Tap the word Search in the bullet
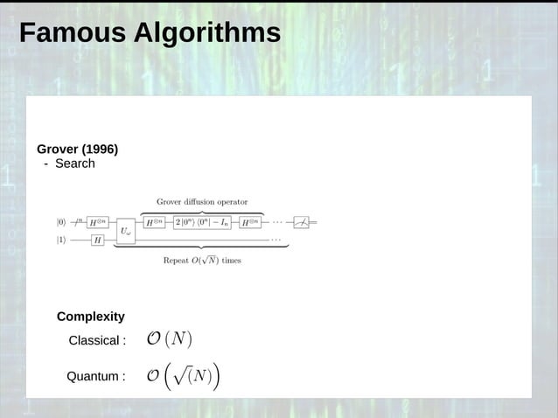pyautogui.click(x=74, y=164)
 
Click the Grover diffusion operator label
pyautogui.click(x=202, y=202)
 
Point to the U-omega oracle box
pyautogui.click(x=126, y=231)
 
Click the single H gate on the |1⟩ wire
pyautogui.click(x=97, y=240)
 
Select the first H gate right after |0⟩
pyautogui.click(x=97, y=222)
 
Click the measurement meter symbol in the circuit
pyautogui.click(x=301, y=222)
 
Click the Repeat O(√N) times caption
pyautogui.click(x=202, y=260)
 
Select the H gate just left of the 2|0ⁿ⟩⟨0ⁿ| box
pyautogui.click(x=153, y=222)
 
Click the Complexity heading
pyautogui.click(x=91, y=317)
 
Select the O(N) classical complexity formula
pyautogui.click(x=169, y=339)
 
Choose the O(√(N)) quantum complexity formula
pyautogui.click(x=183, y=376)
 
